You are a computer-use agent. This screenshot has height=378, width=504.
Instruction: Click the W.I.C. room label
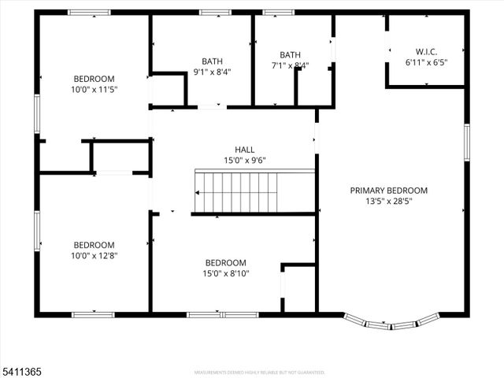click(x=421, y=51)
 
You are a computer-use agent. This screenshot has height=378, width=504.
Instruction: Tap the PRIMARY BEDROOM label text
click(x=389, y=190)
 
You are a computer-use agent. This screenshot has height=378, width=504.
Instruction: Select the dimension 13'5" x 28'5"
click(x=389, y=201)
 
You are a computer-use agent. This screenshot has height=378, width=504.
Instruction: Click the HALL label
click(x=244, y=150)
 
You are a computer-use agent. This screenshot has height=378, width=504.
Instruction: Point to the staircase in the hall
click(x=236, y=192)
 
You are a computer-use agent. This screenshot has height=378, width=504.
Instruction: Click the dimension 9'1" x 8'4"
click(x=212, y=72)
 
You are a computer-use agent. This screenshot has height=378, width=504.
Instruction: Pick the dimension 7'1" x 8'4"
click(x=290, y=65)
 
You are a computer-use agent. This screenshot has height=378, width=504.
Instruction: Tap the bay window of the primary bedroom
click(x=391, y=322)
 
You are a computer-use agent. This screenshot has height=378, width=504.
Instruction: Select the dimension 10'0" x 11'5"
click(x=94, y=89)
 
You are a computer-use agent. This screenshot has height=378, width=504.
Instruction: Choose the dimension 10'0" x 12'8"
click(x=94, y=255)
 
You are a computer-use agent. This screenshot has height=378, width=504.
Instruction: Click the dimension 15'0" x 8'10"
click(x=226, y=273)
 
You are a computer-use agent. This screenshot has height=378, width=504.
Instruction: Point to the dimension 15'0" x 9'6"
click(x=244, y=160)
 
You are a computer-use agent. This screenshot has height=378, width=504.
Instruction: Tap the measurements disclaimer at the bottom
click(x=259, y=372)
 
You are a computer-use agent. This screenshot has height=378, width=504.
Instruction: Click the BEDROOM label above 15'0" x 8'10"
click(x=226, y=263)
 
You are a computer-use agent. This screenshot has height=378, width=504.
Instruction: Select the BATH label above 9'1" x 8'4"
click(x=212, y=61)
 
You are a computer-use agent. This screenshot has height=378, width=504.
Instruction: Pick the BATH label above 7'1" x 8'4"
click(x=290, y=54)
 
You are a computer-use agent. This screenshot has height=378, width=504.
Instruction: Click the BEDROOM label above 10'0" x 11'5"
click(x=94, y=78)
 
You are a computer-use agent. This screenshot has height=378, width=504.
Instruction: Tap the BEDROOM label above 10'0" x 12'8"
click(x=94, y=244)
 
